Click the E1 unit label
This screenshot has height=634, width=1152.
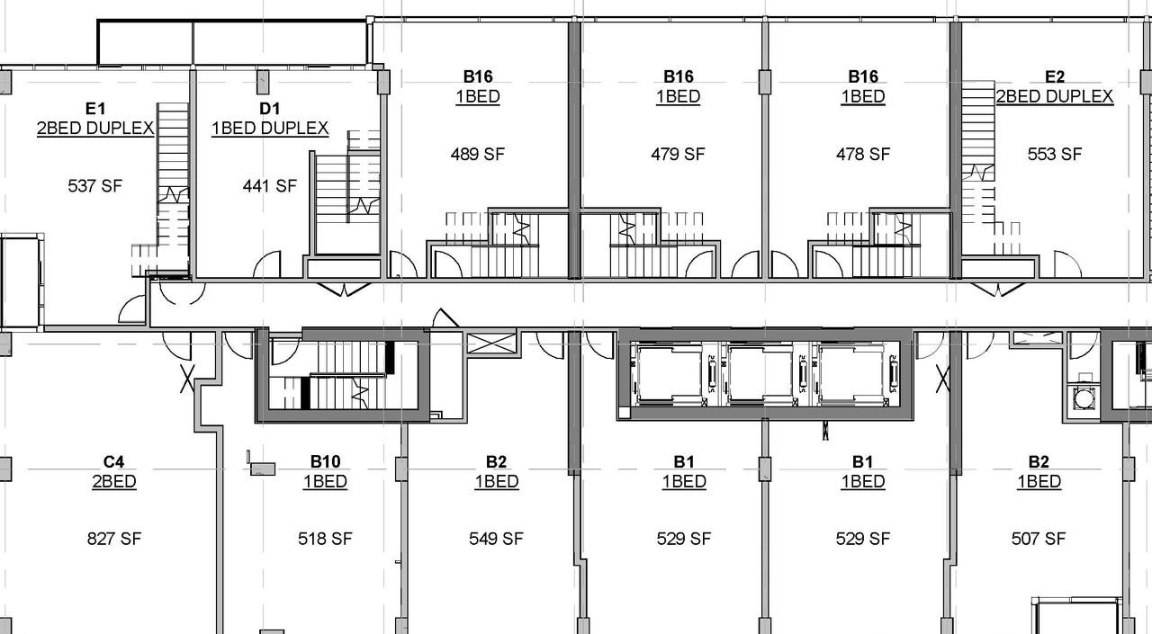[95, 109]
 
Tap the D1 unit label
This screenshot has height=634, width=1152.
[270, 109]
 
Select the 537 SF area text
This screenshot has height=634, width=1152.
[95, 186]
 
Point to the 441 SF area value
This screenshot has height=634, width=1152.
[270, 186]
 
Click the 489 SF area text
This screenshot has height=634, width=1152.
[478, 154]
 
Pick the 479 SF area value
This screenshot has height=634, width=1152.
[678, 154]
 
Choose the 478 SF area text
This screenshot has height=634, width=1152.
[863, 154]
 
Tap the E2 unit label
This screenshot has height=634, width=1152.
[1055, 76]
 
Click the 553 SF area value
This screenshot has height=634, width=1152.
[1055, 154]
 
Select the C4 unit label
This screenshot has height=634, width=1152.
[114, 462]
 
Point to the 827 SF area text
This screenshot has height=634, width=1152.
[114, 539]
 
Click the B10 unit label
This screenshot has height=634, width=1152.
[325, 462]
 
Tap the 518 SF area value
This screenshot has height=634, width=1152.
[325, 539]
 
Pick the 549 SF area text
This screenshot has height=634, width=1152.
[496, 539]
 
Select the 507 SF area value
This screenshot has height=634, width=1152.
[1039, 539]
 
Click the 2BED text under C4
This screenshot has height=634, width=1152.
[114, 482]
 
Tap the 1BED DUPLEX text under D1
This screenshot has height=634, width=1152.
[270, 129]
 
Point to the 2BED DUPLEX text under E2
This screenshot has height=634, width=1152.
[1055, 96]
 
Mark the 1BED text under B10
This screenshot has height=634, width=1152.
[325, 482]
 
